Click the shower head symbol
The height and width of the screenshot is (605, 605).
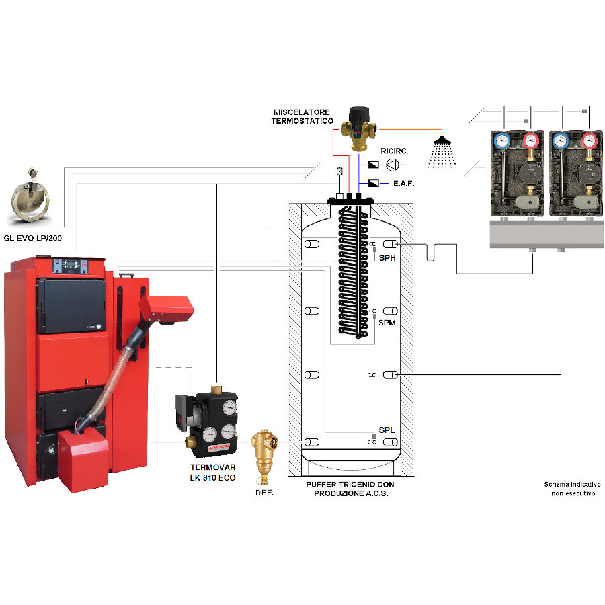442,152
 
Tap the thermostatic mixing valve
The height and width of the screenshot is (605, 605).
359,128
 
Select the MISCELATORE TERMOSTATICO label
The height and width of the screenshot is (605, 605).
302,116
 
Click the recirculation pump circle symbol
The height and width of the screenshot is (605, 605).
392,165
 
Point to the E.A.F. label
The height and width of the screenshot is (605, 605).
403,184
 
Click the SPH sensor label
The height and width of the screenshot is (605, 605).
387,257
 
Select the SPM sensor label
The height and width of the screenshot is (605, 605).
387,323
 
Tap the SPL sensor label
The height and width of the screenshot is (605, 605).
387,430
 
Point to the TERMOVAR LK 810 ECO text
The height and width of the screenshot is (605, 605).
212,473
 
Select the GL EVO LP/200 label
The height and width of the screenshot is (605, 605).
33,238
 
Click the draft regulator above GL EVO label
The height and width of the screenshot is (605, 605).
30,196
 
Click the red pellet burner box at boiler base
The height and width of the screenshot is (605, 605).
83,460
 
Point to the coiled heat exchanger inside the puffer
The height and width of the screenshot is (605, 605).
353,272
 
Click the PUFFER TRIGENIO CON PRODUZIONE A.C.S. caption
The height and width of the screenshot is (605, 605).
350,489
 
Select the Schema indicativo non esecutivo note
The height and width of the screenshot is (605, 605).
573,489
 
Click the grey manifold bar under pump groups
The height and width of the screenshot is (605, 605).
547,234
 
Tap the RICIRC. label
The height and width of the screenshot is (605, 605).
395,151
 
